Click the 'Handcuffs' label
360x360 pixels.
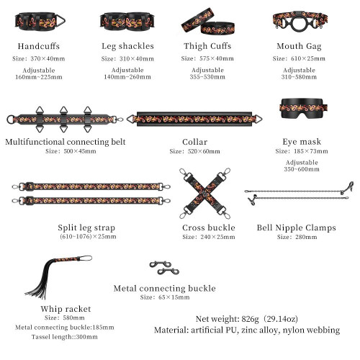[x=39, y=46]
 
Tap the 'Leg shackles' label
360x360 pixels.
[x=127, y=46]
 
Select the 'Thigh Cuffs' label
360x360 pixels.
[x=207, y=46]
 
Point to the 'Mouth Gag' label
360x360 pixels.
[x=299, y=46]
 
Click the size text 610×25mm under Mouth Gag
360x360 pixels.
[x=308, y=58]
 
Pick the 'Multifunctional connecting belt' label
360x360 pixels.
[x=66, y=142]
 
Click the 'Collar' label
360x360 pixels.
[x=194, y=142]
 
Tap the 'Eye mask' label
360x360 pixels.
[x=302, y=142]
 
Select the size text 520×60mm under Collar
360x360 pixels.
[x=204, y=151]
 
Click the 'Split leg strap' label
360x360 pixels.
[x=86, y=228]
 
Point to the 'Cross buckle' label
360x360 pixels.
[x=209, y=228]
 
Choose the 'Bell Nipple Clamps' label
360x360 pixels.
[x=297, y=228]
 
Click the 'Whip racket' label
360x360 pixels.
[x=66, y=309]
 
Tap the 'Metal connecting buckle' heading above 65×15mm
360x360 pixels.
[x=165, y=288]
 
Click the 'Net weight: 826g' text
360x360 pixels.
[x=228, y=319]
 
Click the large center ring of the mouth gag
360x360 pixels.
[x=300, y=23]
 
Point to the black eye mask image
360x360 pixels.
[x=304, y=108]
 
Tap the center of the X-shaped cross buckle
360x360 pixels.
[x=204, y=194]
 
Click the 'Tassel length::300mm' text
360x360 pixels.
[x=65, y=337]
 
